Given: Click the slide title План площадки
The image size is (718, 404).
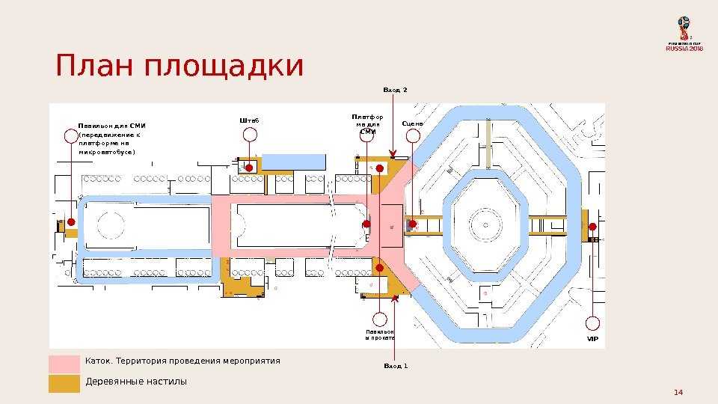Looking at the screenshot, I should pos(179,67).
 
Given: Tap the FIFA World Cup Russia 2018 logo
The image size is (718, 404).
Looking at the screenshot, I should pos(685,33).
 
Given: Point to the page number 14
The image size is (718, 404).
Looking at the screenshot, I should pos(679,392).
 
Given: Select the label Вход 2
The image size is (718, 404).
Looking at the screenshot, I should pos(395,91).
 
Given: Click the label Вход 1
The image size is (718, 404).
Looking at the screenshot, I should pos(395,367).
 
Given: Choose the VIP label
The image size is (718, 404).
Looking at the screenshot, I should pos(592,339).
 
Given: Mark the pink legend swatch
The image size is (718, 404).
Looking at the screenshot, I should pos(64,364).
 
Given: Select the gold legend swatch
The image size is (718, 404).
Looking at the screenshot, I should pos(64,383).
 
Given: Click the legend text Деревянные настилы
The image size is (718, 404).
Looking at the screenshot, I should pos(136,382).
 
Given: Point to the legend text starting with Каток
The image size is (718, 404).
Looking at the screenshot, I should pos(183,361).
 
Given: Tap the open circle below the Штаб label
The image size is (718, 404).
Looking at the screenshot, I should pos(250,135).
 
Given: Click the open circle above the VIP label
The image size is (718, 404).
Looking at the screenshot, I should pos(592,324).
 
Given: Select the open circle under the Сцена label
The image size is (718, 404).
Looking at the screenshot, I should pos(413,135).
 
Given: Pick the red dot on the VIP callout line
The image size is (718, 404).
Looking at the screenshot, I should pos(592,227).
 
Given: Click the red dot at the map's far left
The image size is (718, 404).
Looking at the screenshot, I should pos(71,222).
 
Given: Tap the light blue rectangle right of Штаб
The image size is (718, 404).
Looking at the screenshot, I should pos(293,162).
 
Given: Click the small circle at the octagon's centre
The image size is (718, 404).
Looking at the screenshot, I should pos(484,224).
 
